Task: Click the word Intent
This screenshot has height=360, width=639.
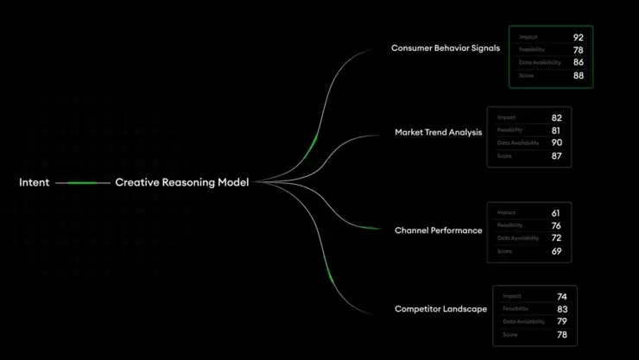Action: pyautogui.click(x=34, y=183)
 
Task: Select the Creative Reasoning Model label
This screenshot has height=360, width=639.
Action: pyautogui.click(x=181, y=183)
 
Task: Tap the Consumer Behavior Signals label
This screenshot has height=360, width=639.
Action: pyautogui.click(x=445, y=48)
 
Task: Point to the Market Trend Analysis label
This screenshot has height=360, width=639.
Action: pyautogui.click(x=438, y=133)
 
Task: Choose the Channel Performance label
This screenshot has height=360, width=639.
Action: pyautogui.click(x=438, y=231)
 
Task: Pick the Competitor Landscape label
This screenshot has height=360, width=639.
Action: pyautogui.click(x=440, y=309)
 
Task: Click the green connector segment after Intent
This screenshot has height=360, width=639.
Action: pyautogui.click(x=82, y=183)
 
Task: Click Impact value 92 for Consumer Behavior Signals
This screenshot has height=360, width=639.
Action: pyautogui.click(x=578, y=38)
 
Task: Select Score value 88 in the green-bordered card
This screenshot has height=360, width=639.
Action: pyautogui.click(x=578, y=76)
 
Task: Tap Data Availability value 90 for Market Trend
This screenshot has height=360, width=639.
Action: pyautogui.click(x=557, y=142)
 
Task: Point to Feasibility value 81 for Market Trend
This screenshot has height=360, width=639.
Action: pyautogui.click(x=557, y=130)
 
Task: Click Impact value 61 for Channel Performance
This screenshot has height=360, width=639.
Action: pyautogui.click(x=557, y=212)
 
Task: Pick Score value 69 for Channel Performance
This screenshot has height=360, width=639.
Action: pyautogui.click(x=557, y=251)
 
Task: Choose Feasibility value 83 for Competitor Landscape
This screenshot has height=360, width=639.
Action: pyautogui.click(x=562, y=309)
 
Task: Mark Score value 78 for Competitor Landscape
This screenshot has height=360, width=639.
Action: pyautogui.click(x=562, y=334)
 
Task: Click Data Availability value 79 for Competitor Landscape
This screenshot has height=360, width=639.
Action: pyautogui.click(x=562, y=321)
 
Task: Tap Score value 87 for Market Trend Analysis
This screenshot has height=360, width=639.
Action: pyautogui.click(x=557, y=156)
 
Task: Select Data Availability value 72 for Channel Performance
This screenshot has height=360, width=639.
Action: pyautogui.click(x=557, y=237)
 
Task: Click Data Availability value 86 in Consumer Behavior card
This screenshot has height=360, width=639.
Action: pyautogui.click(x=578, y=63)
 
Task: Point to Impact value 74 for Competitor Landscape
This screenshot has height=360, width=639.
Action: pyautogui.click(x=562, y=296)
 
